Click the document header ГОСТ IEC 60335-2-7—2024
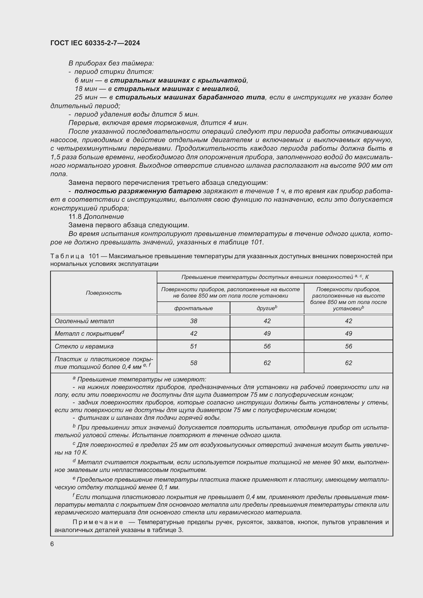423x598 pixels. pos(95,43)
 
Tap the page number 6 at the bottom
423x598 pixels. pos(52,544)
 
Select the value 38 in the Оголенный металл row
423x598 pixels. pos(194,321)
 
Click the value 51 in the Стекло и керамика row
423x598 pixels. pos(194,346)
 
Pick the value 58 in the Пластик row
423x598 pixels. pos(194,363)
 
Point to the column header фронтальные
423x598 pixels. pos(194,308)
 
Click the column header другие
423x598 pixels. pos(267,308)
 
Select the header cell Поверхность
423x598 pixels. pos(104,293)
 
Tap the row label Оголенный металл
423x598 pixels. pos(84,321)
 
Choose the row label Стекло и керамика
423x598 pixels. pos(84,346)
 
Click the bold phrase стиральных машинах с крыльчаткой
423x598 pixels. pos(178,81)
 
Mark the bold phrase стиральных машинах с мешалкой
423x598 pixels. pos(176,89)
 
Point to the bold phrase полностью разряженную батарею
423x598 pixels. pos(138,191)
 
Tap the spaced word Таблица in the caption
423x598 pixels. pos(67,256)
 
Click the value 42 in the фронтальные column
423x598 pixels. pos(194,334)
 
